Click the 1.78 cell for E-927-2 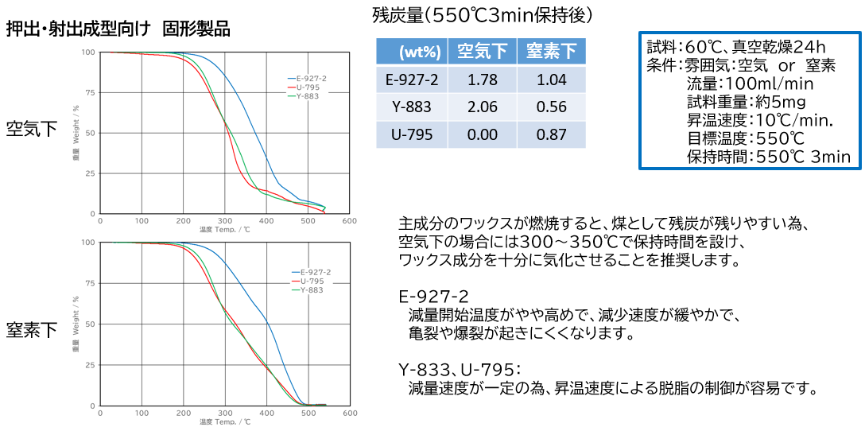pyautogui.click(x=483, y=80)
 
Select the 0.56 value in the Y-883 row pyautogui.click(x=552, y=107)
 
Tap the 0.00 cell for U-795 pyautogui.click(x=483, y=135)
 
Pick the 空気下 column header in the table pyautogui.click(x=483, y=52)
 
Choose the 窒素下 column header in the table pyautogui.click(x=552, y=52)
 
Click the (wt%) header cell pyautogui.click(x=413, y=52)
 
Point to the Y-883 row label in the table pyautogui.click(x=413, y=107)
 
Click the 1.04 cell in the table pyautogui.click(x=552, y=80)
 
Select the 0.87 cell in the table pyautogui.click(x=552, y=135)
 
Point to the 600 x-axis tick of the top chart pyautogui.click(x=349, y=220)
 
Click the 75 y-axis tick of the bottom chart pyautogui.click(x=91, y=283)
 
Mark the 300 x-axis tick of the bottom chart pyautogui.click(x=224, y=413)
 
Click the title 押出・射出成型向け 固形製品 pyautogui.click(x=118, y=29)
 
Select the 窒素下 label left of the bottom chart pyautogui.click(x=32, y=328)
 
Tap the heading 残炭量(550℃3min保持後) pyautogui.click(x=482, y=14)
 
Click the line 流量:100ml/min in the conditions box pyautogui.click(x=750, y=83)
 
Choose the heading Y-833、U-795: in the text pyautogui.click(x=459, y=369)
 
